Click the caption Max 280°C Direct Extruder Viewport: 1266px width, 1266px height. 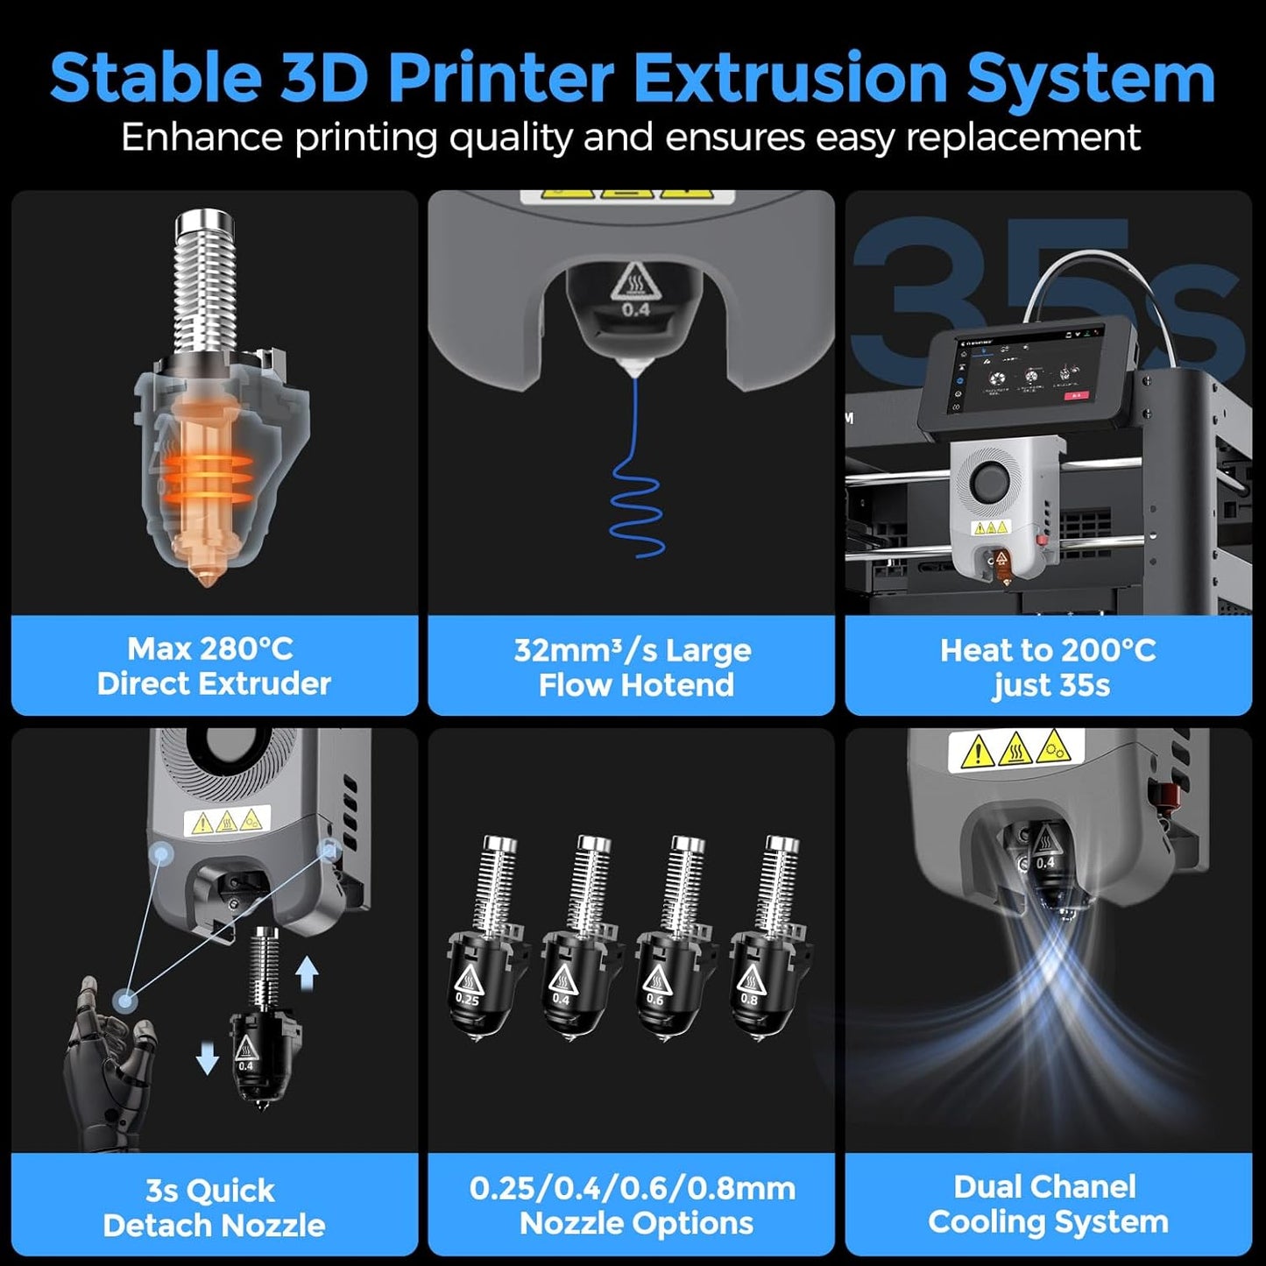[x=214, y=666]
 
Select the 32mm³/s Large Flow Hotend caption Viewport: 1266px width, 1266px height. [x=633, y=668]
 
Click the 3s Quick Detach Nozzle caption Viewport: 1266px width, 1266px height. [x=213, y=1207]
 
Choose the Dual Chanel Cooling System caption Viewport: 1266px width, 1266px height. [x=1048, y=1205]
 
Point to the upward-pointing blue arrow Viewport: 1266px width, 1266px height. [x=306, y=972]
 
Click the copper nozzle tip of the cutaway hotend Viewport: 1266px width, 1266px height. [x=208, y=574]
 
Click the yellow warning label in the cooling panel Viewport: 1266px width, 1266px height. [x=1015, y=750]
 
